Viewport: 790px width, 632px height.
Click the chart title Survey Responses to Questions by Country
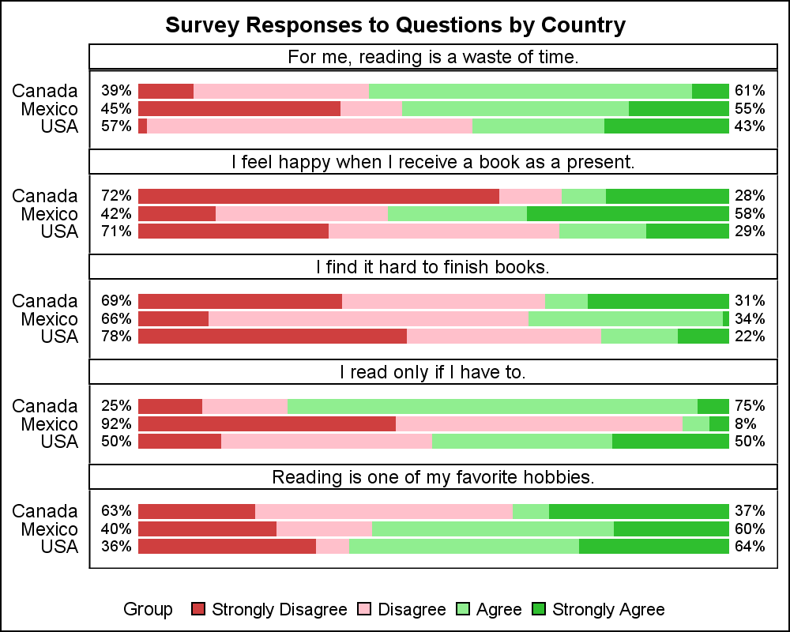coord(395,25)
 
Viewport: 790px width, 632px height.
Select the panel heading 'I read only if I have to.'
coord(433,371)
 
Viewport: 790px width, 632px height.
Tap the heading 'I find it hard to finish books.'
coord(433,267)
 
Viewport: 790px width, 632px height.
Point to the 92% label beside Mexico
coord(115,424)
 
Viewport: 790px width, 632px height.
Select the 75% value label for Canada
coord(750,406)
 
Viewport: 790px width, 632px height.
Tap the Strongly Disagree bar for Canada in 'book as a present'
coord(318,196)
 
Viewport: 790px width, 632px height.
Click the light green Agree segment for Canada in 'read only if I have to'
coord(492,406)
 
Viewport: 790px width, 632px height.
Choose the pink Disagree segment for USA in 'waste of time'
coord(309,126)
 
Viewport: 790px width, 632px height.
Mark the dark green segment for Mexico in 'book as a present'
coord(627,213)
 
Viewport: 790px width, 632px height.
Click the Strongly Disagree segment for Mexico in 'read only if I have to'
coord(267,424)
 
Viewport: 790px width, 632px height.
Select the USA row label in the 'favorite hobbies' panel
coord(59,547)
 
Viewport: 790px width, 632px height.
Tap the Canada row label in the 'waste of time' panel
coord(45,91)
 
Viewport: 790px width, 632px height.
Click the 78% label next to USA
coord(115,337)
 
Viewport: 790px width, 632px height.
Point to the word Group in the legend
coord(148,609)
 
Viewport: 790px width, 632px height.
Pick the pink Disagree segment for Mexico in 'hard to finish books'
coord(368,318)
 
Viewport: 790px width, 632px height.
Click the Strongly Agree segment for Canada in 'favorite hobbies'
coord(638,511)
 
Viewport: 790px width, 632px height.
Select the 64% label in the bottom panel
coord(750,547)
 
